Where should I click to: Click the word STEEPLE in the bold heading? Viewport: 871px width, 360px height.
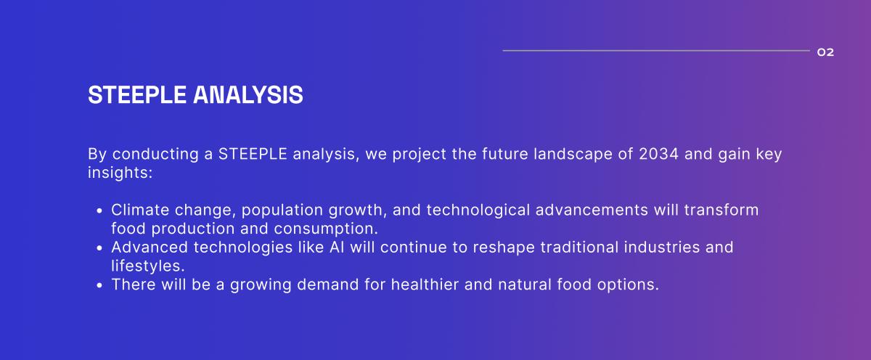(137, 95)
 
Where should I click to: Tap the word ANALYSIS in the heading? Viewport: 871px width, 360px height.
(248, 95)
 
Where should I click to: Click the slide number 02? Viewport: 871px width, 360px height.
(825, 52)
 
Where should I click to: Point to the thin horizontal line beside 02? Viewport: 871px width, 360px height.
(656, 51)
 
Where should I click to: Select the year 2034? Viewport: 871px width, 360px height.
(659, 154)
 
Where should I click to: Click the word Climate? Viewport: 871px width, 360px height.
(140, 210)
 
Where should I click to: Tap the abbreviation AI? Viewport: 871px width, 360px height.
(337, 247)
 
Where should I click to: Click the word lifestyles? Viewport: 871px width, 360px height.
(148, 266)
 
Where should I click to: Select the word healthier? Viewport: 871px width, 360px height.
(425, 285)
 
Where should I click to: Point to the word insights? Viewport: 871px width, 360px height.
(120, 173)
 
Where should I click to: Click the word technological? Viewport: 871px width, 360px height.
(478, 210)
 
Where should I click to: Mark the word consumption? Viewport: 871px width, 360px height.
(326, 229)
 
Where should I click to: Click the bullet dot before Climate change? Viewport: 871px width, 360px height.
(99, 210)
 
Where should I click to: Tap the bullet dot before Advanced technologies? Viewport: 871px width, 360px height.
(99, 247)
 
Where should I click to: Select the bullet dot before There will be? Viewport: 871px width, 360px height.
(99, 285)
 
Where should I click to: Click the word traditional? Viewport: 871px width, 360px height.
(579, 247)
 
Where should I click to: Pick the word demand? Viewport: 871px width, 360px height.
(328, 285)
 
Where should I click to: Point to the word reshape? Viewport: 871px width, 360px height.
(504, 247)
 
